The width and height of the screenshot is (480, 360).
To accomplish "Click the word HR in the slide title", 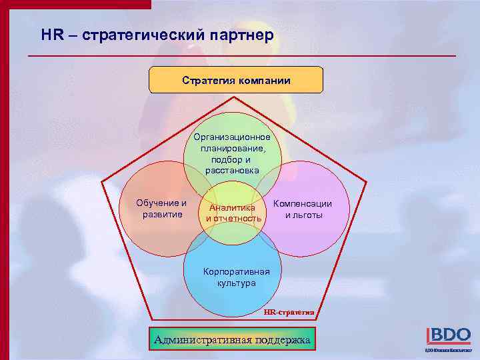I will pos(51,35).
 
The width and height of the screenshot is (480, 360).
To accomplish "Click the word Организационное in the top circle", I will pos(232,137).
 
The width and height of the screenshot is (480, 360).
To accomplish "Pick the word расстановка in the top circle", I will pos(232,171).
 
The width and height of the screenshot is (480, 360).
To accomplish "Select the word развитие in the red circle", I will pos(162,214).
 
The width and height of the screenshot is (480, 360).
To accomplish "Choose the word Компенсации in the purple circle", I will pos(303,204).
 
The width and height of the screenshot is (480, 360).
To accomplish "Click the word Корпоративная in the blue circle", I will pos(237,272).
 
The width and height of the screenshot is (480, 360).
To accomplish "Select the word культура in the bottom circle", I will pos(236,283).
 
